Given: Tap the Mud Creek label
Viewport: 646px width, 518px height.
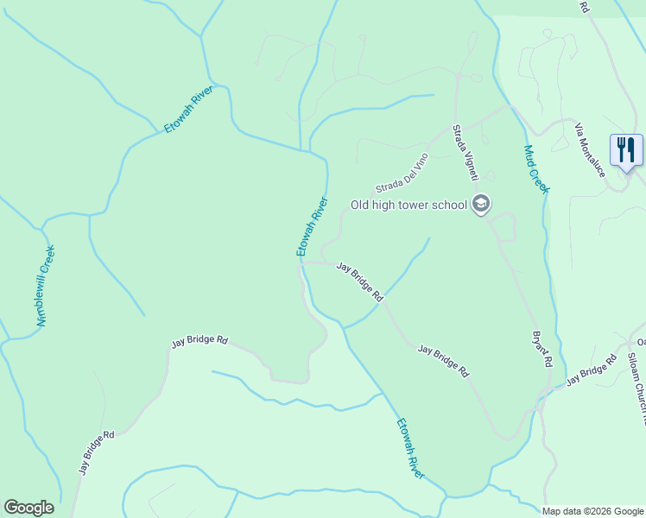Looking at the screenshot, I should point(536,167).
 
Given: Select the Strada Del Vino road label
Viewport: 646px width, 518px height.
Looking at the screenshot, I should point(402,174).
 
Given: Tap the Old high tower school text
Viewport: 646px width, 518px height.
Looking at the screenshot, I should point(408,205).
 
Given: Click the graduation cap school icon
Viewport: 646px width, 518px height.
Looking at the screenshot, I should point(482,205).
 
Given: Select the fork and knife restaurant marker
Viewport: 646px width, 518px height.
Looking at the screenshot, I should point(626,149).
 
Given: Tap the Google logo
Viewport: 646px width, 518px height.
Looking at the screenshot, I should point(28,508).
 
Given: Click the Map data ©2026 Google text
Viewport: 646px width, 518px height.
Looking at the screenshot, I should point(593,511).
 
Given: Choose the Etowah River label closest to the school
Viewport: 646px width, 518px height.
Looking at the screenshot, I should point(313,226).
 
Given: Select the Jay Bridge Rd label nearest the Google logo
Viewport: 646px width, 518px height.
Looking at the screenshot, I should point(97,452).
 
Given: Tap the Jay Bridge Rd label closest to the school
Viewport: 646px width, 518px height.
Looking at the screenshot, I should point(359,281).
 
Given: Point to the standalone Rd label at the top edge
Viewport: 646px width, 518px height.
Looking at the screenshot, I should point(585,6).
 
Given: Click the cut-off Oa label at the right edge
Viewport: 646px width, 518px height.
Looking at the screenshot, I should point(640,340).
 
